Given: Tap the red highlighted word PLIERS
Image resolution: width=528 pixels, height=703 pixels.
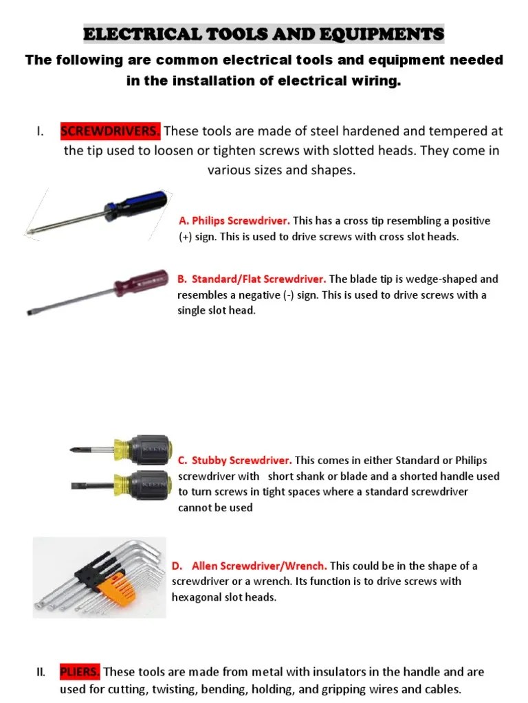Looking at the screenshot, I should [x=80, y=671].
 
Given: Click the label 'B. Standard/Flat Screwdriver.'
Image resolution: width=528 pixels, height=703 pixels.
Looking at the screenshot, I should [x=251, y=279].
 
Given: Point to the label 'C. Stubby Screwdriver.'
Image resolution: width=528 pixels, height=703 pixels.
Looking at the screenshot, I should [x=235, y=461].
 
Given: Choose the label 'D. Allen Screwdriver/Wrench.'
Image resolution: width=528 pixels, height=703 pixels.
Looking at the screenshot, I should [x=250, y=566].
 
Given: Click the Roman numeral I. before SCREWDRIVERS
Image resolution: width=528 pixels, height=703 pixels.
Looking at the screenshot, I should [x=41, y=131].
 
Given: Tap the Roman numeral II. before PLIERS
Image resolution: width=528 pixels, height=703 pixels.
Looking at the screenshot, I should [x=41, y=671].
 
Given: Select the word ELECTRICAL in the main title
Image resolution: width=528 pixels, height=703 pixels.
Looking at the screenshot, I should [x=142, y=34].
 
